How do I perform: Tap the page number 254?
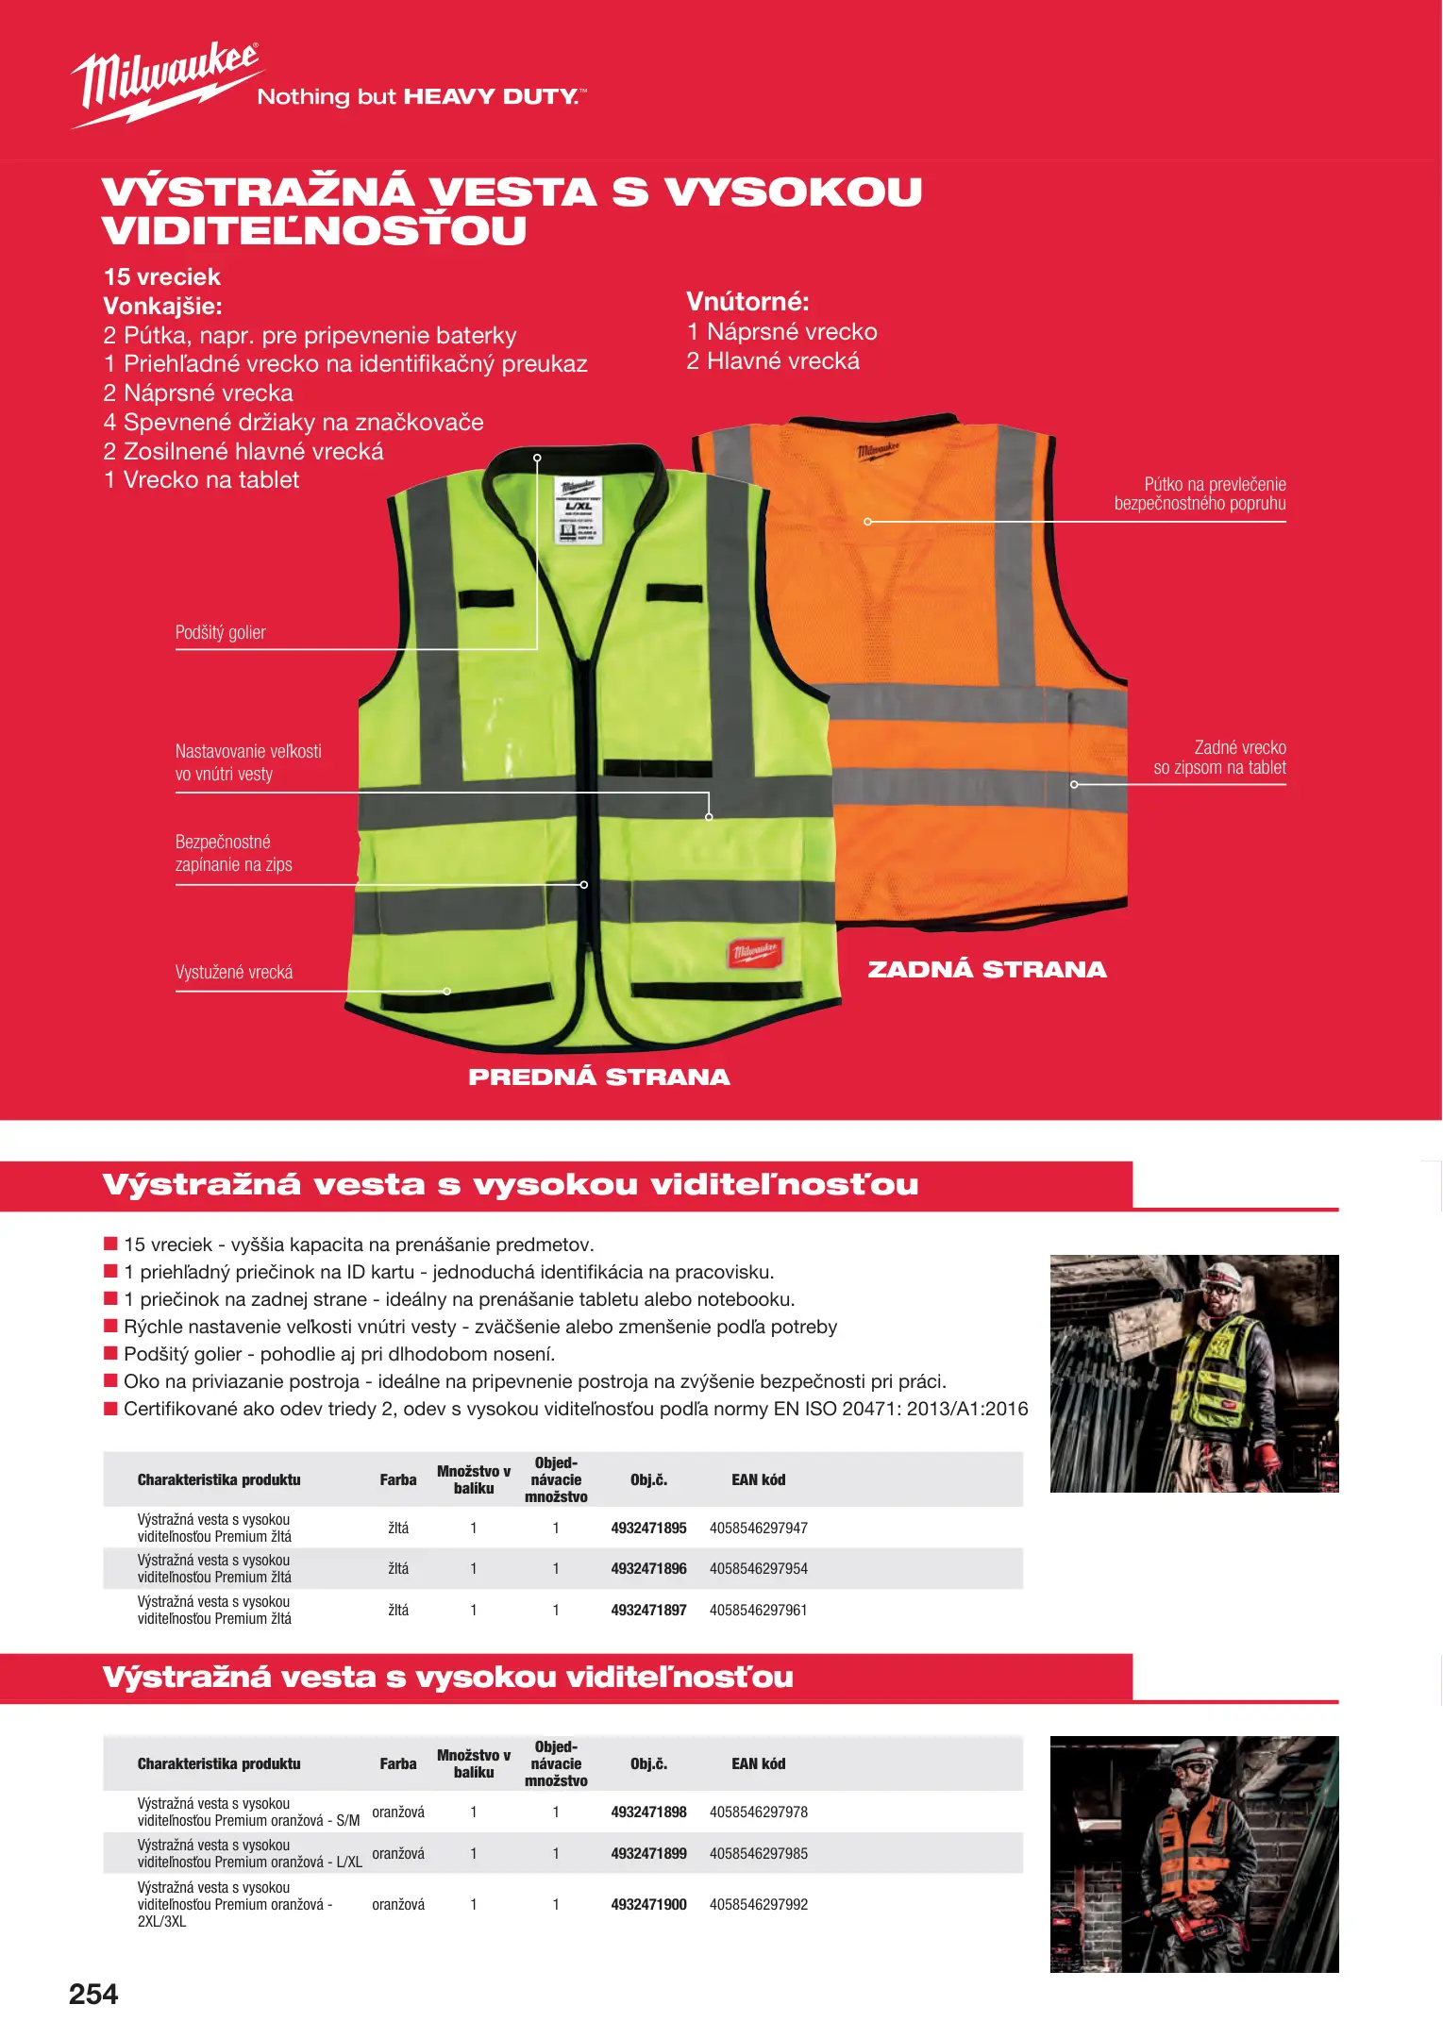(x=93, y=1995)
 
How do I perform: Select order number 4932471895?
(x=648, y=1528)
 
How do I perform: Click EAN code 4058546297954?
(x=758, y=1568)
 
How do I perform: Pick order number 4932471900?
(x=648, y=1904)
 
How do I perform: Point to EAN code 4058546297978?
(x=758, y=1812)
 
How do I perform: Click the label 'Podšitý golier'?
(x=220, y=632)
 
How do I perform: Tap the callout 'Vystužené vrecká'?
(x=234, y=972)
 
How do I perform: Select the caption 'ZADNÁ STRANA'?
(x=986, y=969)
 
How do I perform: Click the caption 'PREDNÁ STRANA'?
(x=598, y=1077)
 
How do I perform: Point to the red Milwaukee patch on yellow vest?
(x=754, y=952)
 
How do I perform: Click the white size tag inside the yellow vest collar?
(x=578, y=510)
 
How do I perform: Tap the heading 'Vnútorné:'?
(x=747, y=302)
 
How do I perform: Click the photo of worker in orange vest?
(x=1194, y=1854)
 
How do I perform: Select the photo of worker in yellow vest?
(x=1194, y=1373)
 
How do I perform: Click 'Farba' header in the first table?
(x=397, y=1479)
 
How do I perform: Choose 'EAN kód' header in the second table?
(x=758, y=1763)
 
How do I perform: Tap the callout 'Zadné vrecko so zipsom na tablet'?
(x=1219, y=758)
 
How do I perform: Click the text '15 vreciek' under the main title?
(x=162, y=276)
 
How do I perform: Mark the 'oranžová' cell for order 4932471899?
(x=397, y=1853)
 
